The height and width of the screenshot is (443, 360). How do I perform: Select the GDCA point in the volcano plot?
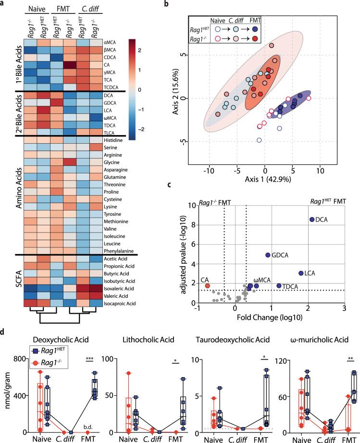point(268,255)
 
